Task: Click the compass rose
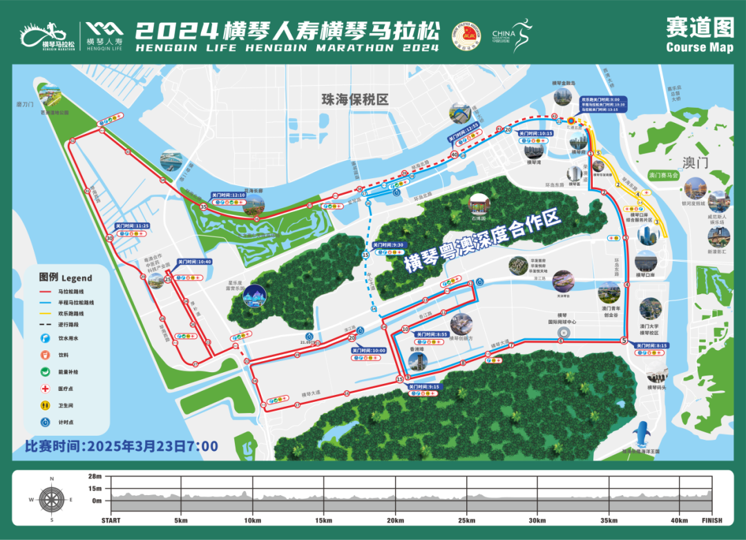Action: point(51,499)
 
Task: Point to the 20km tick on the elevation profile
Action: point(395,520)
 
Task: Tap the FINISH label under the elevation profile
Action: point(711,521)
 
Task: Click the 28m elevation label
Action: point(95,477)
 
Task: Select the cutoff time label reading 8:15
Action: point(651,345)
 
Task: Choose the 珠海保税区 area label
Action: point(355,99)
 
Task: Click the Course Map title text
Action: point(700,48)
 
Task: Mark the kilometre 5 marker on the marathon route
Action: point(624,340)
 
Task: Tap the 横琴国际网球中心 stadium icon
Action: point(562,333)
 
